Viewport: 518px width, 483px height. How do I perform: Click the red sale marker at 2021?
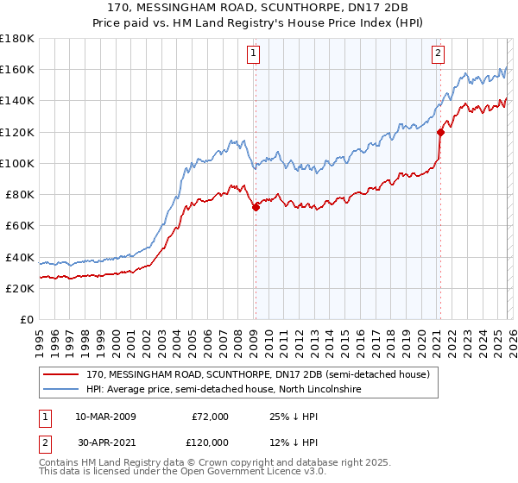click(x=440, y=132)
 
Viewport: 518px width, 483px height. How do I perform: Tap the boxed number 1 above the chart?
click(x=254, y=53)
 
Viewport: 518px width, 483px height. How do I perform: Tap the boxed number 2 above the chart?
click(x=438, y=53)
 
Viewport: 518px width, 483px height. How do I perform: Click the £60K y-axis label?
click(x=20, y=225)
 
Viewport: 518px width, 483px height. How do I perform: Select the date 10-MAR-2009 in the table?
click(x=105, y=416)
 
